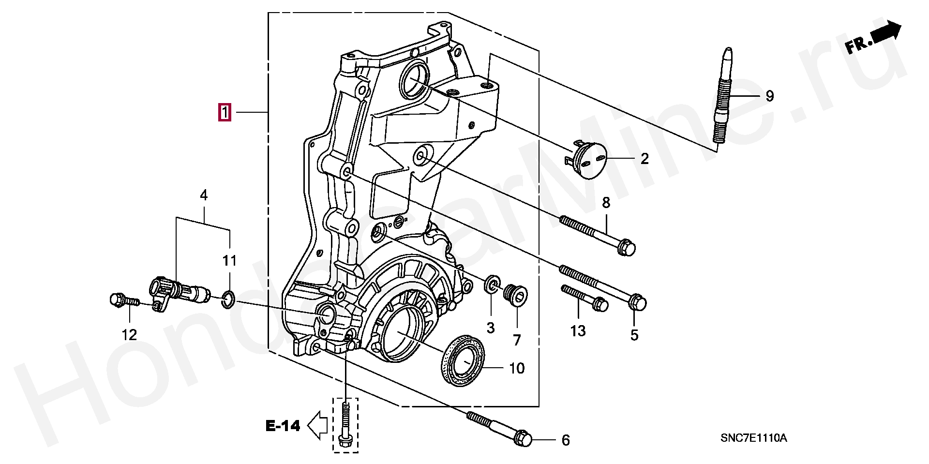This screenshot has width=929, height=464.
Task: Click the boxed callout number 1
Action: coord(224,112)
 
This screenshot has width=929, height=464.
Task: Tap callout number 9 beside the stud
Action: coord(770,96)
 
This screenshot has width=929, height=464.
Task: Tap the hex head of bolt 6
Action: coord(522,438)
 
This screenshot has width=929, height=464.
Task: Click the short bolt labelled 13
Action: coord(584,298)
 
